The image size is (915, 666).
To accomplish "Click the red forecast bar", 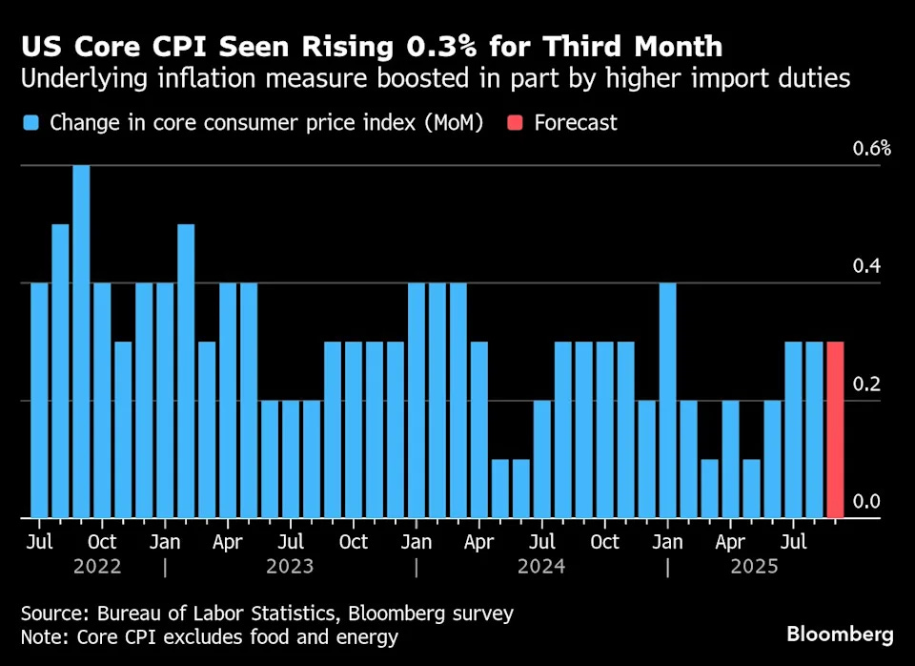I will (835, 429).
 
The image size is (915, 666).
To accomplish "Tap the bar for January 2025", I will (667, 401).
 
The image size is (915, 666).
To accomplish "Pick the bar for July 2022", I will (39, 401).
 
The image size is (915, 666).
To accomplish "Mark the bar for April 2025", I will (730, 459).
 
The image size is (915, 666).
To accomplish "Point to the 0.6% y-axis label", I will (872, 148).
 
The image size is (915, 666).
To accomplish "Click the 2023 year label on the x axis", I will (290, 567).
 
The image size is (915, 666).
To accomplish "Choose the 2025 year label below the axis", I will (752, 567).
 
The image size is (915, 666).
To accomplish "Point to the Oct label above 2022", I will (102, 542).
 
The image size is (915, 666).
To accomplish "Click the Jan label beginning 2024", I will (417, 542).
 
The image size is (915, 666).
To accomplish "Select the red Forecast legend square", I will (515, 123).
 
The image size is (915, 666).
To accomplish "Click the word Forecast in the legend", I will (576, 123).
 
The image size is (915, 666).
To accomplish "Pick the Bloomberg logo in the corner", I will (840, 635).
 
